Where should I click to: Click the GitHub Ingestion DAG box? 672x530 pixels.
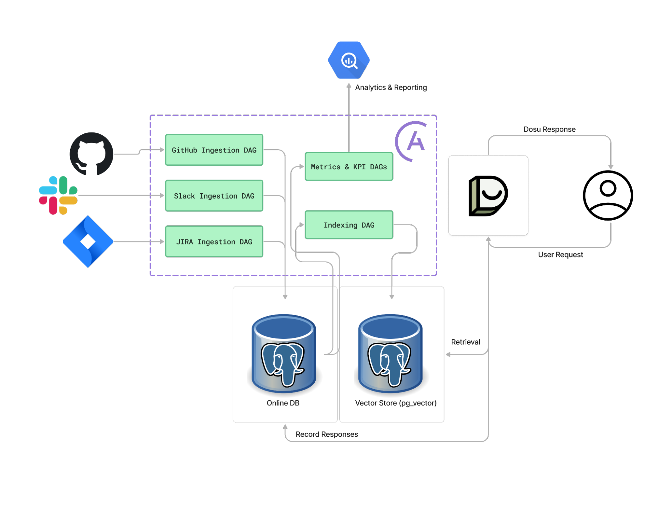[x=214, y=150]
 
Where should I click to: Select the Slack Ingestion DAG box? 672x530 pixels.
[x=214, y=196]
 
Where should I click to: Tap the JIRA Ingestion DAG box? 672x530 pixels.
[x=214, y=241]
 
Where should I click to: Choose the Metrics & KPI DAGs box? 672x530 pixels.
[x=349, y=166]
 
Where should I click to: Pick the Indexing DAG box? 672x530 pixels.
[x=349, y=225]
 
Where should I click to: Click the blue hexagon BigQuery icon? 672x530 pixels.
[x=349, y=60]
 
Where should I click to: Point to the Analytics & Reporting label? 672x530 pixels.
[x=391, y=88]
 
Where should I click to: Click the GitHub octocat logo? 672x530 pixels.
[x=91, y=154]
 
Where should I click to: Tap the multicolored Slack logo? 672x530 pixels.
[x=58, y=195]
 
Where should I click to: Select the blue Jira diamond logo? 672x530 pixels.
[x=88, y=241]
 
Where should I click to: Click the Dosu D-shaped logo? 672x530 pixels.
[x=488, y=196]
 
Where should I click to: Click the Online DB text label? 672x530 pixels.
[x=283, y=403]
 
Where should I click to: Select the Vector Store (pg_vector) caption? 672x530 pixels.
[x=396, y=403]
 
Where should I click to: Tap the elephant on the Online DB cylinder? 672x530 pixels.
[x=283, y=364]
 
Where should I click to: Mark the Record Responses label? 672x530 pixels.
[x=327, y=434]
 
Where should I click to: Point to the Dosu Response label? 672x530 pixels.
[x=549, y=130]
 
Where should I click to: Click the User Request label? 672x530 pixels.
[x=560, y=255]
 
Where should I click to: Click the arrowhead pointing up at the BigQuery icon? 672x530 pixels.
[x=349, y=86]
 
